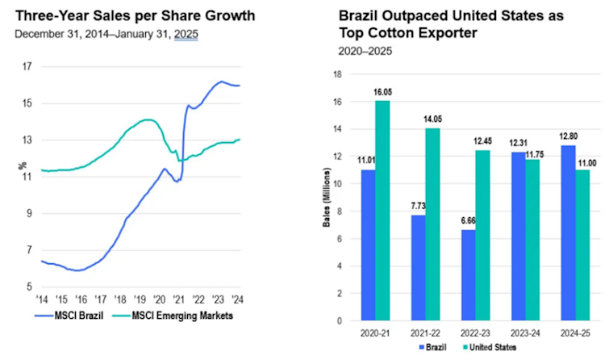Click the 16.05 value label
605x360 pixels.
(x=383, y=94)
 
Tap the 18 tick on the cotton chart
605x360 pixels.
(x=339, y=74)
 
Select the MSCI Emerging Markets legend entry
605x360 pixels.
(x=176, y=314)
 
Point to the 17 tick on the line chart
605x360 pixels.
(x=27, y=66)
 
